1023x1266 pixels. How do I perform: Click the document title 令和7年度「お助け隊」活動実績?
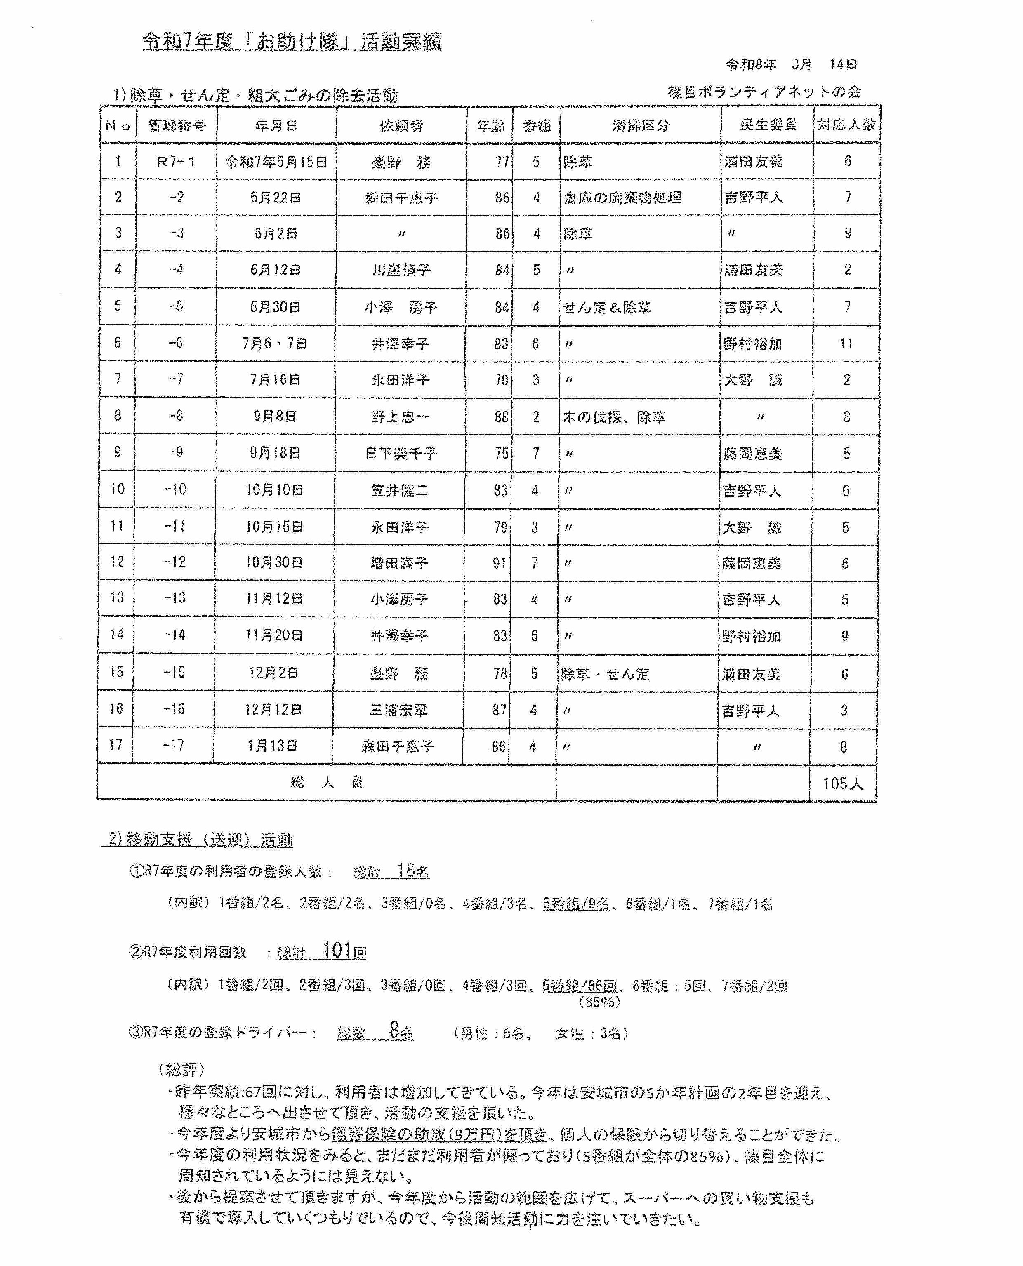tap(292, 41)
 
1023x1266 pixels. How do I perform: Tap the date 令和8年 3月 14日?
tap(792, 64)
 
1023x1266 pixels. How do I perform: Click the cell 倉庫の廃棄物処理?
tap(622, 198)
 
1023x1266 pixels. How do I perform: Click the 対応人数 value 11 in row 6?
tap(846, 344)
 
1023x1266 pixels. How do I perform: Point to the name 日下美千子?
tap(401, 454)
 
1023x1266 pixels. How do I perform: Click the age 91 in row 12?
tap(499, 562)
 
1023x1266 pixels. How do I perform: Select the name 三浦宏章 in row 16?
tap(398, 710)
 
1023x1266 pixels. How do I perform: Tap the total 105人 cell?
tap(843, 783)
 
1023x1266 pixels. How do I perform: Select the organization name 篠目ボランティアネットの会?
tap(764, 92)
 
